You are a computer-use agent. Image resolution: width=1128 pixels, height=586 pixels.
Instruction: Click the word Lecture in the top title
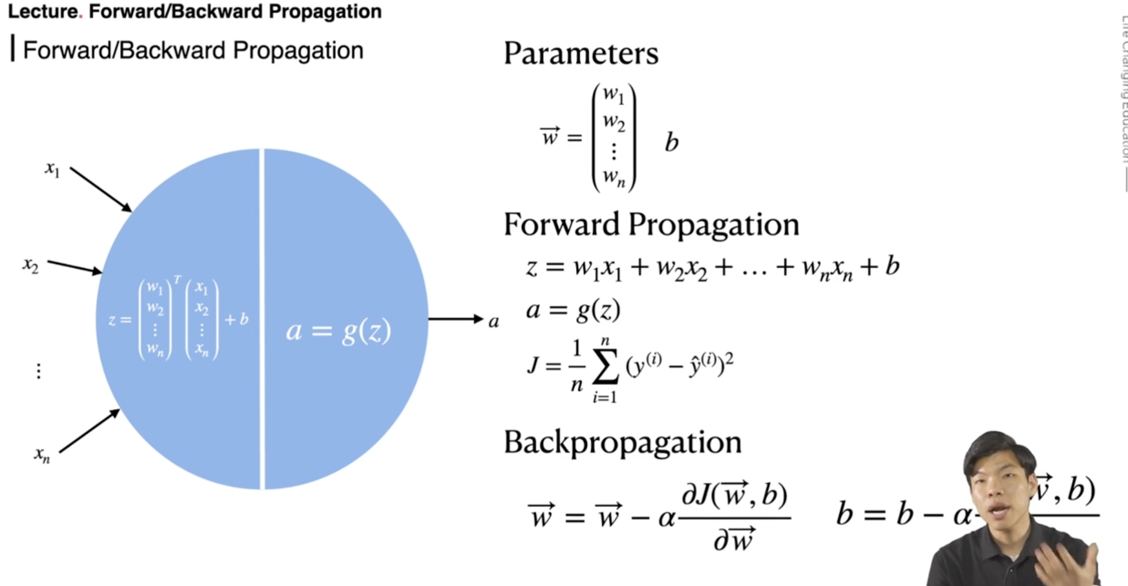pos(43,11)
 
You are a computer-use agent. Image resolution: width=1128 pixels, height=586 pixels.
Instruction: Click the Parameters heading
pos(581,54)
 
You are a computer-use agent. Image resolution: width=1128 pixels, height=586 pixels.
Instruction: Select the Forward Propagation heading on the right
pos(651,224)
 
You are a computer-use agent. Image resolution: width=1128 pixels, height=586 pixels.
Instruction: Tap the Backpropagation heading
pos(622,442)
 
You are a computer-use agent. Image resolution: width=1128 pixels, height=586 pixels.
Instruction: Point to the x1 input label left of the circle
pos(52,169)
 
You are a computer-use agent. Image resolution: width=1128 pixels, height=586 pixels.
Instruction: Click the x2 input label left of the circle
pos(31,265)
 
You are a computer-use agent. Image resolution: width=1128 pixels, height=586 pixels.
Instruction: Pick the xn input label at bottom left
pos(42,455)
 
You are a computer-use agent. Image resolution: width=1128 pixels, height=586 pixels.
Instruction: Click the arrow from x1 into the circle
pos(100,189)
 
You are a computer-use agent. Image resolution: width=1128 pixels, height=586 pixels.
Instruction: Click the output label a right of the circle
pos(493,322)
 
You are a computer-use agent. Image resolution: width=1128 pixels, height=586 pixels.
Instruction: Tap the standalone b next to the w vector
pos(671,142)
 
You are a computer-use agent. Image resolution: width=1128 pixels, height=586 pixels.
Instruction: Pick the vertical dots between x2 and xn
pos(39,371)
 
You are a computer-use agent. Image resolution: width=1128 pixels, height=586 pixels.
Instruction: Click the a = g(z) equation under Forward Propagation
pos(573,310)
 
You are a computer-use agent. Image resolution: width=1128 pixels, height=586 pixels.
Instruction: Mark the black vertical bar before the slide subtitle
pos(13,48)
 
